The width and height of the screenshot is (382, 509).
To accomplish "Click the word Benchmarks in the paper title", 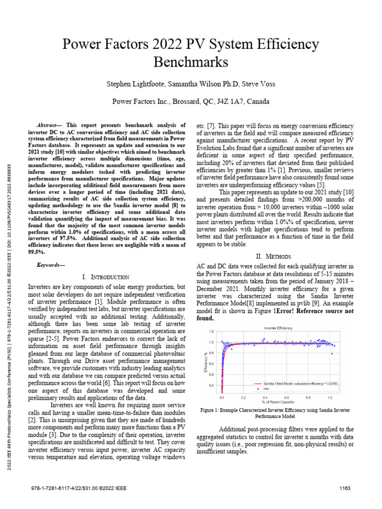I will (191, 62).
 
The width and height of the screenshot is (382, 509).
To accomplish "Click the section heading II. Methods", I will (273, 256).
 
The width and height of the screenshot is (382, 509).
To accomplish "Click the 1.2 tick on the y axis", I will (211, 331).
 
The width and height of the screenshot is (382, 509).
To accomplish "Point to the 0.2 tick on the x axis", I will (243, 398).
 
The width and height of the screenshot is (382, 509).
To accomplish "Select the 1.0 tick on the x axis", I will (330, 398).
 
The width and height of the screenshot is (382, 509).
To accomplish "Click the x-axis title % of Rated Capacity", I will (276, 402).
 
